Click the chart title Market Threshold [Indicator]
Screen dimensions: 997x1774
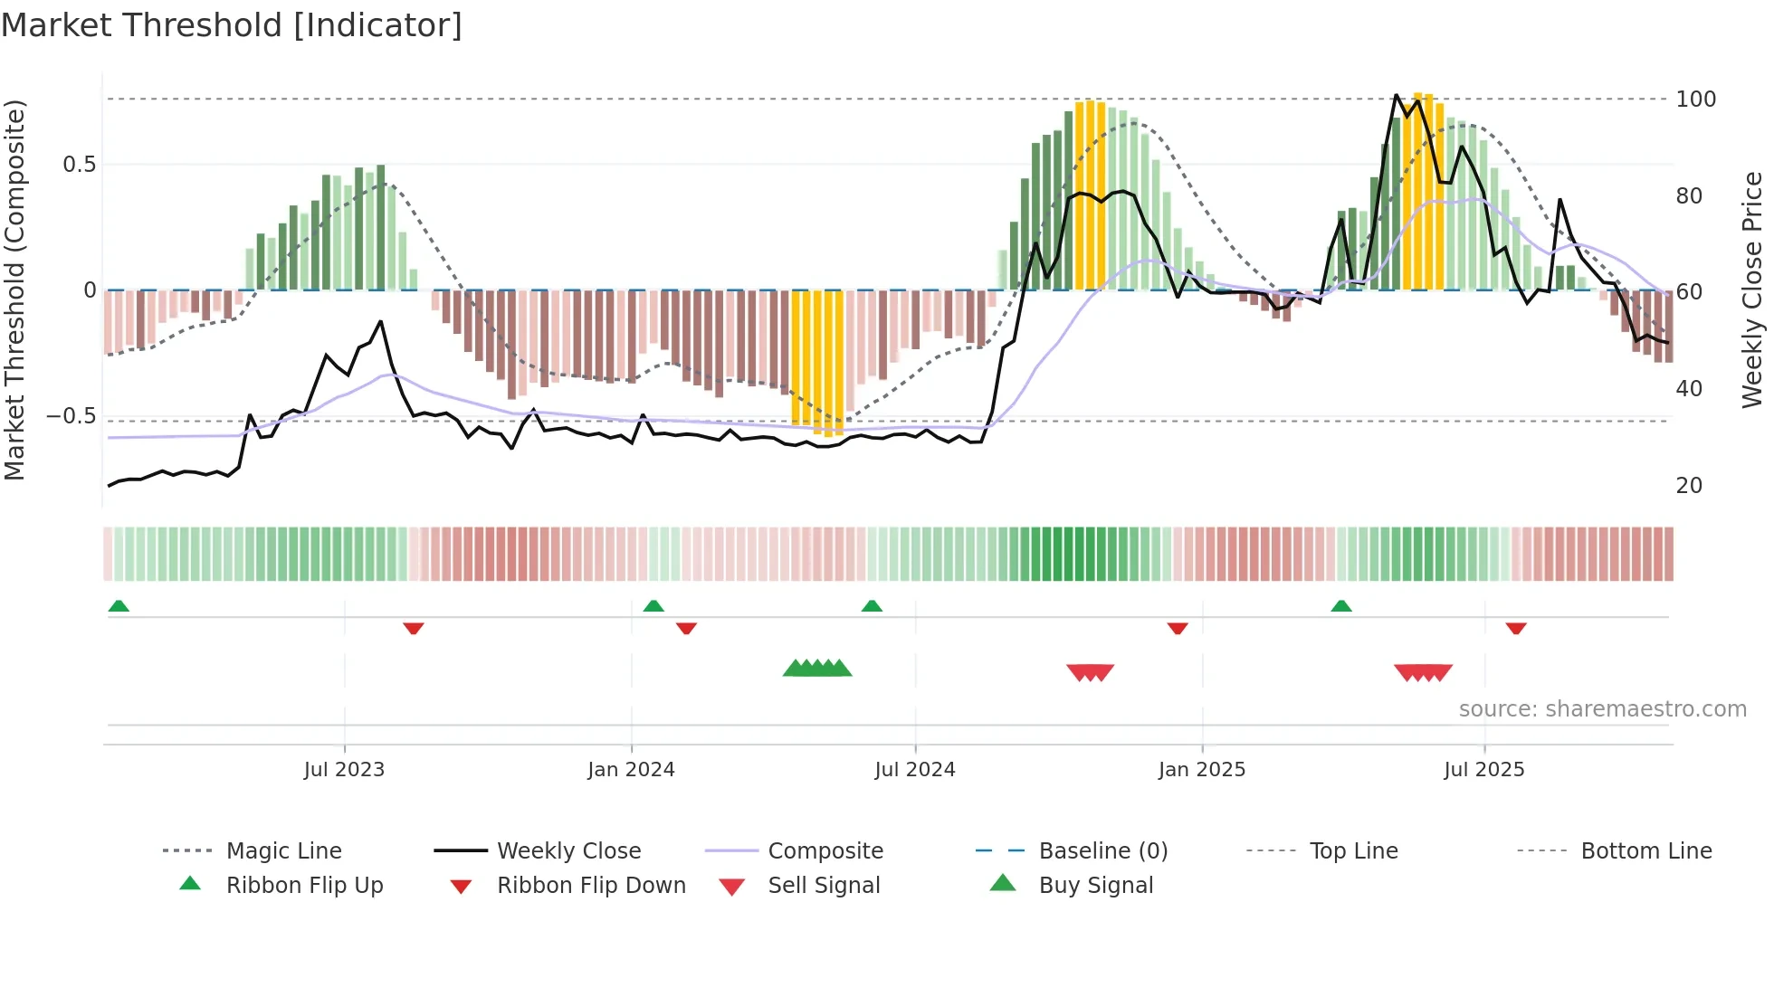pyautogui.click(x=232, y=25)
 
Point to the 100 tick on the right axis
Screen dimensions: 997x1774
pyautogui.click(x=1695, y=100)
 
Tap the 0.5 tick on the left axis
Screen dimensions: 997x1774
pyautogui.click(x=80, y=165)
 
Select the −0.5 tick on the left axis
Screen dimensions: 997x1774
pyautogui.click(x=72, y=416)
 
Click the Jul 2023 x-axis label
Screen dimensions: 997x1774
pyautogui.click(x=344, y=770)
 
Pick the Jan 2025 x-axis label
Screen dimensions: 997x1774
pyautogui.click(x=1202, y=770)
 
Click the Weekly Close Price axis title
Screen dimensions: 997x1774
pyautogui.click(x=1752, y=290)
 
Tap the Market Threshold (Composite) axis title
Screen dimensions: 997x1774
pyautogui.click(x=14, y=290)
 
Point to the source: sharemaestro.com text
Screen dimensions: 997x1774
pyautogui.click(x=1602, y=709)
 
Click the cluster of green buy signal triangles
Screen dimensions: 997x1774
pyautogui.click(x=817, y=669)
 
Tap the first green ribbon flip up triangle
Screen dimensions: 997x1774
pyautogui.click(x=119, y=606)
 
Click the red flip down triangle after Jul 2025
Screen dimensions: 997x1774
pyautogui.click(x=1516, y=628)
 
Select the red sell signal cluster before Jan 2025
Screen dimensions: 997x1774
pyautogui.click(x=1090, y=672)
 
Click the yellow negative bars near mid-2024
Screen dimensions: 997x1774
pyautogui.click(x=817, y=362)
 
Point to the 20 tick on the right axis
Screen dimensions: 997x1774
pyautogui.click(x=1689, y=486)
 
